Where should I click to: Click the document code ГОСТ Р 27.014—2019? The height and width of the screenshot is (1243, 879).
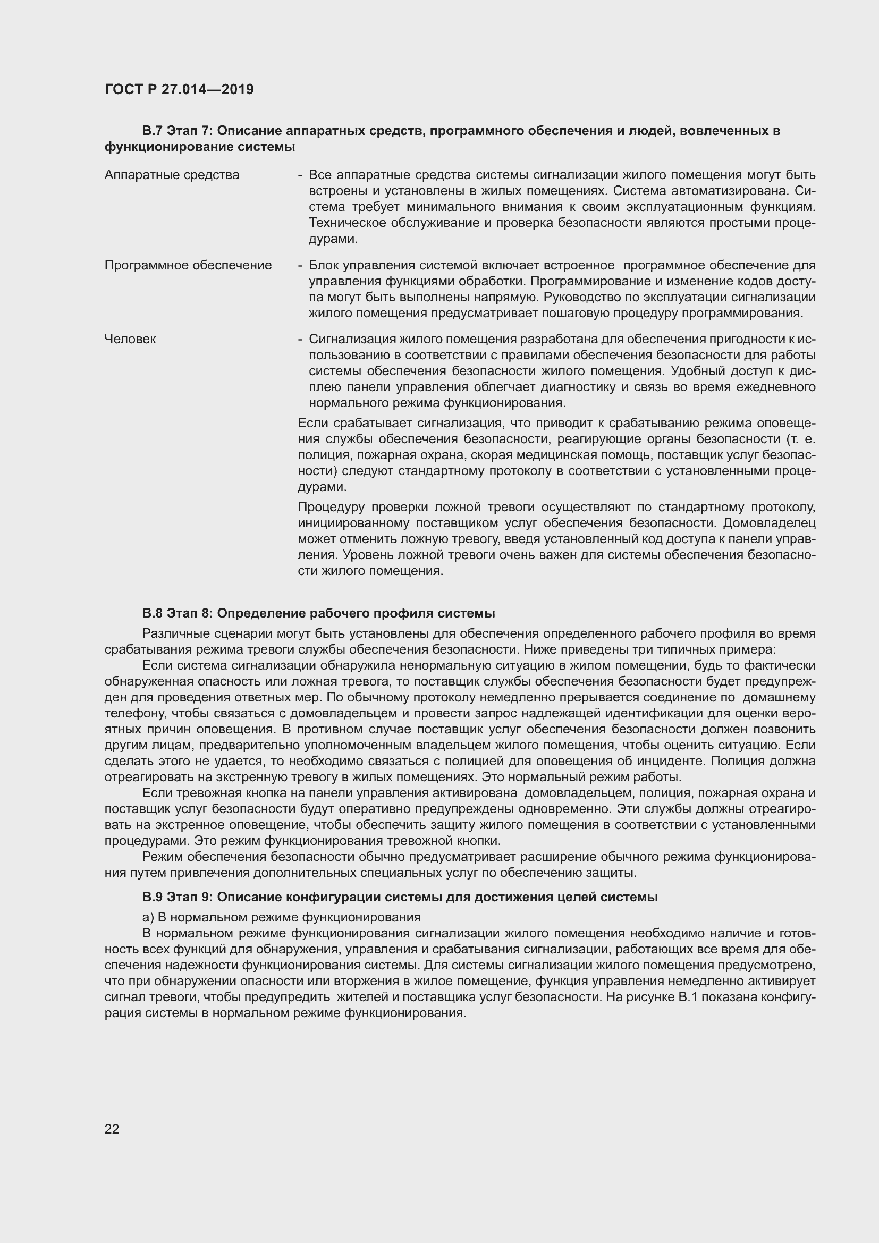click(179, 89)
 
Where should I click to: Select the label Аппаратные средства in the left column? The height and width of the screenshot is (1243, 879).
click(172, 175)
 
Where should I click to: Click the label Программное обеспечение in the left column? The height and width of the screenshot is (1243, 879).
click(188, 265)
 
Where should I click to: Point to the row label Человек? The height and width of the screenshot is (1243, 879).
click(130, 340)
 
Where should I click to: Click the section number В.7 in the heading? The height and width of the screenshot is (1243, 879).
click(153, 131)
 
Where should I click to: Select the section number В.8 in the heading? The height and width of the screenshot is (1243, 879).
click(153, 613)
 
